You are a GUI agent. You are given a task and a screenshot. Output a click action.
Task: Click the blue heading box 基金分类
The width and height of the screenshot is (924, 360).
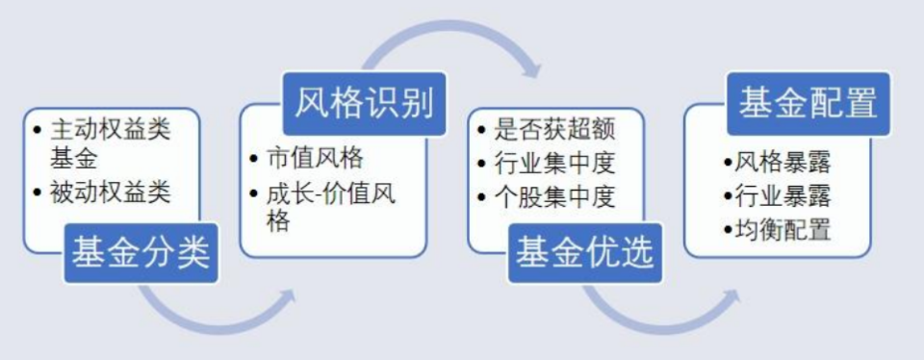[x=141, y=253]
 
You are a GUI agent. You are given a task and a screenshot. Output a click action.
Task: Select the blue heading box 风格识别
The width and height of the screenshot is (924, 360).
[x=364, y=104]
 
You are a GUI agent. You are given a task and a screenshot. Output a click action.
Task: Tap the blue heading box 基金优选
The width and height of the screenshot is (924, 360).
[x=585, y=253]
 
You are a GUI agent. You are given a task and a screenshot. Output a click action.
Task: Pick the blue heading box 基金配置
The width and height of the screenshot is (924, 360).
[x=808, y=104]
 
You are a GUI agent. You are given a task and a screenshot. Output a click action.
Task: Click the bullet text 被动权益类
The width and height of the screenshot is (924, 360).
[x=110, y=193]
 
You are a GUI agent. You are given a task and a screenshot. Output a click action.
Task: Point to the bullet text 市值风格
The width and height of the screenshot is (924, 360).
[x=315, y=158]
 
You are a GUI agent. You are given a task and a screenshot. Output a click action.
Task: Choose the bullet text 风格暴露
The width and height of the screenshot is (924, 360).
[x=783, y=162]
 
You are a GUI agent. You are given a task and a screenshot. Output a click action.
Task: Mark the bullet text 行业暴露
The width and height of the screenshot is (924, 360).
[x=783, y=195]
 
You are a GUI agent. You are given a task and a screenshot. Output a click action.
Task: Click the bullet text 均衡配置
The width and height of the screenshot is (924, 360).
[x=783, y=229]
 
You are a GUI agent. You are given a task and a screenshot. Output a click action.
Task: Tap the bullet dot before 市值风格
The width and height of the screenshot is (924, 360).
[x=254, y=159]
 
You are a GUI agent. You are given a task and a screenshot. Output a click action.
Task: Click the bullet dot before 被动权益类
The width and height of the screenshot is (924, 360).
[x=38, y=193]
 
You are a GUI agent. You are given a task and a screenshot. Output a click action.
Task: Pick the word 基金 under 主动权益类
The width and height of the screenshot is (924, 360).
[x=74, y=158]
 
